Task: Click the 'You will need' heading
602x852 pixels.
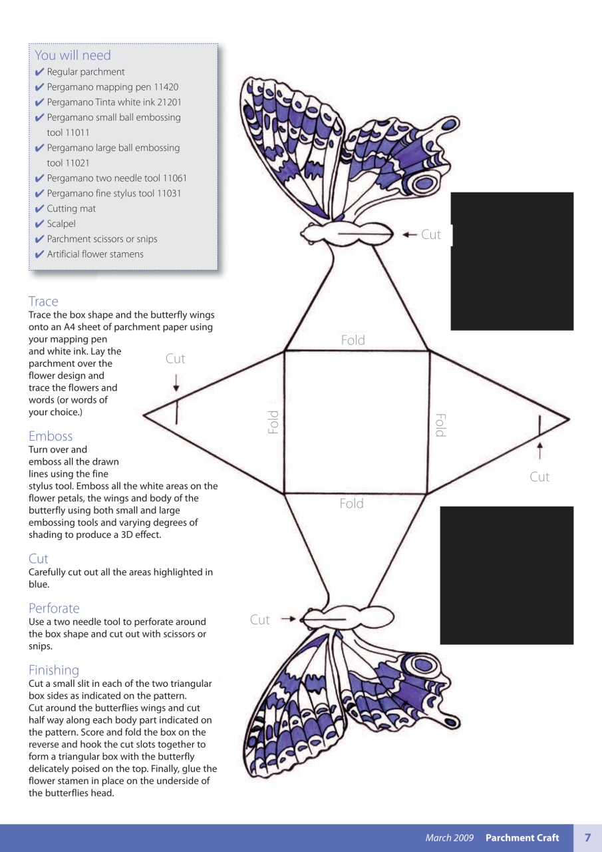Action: [73, 55]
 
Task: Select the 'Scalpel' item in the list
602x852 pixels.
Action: [61, 224]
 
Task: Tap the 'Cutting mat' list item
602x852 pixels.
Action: [71, 208]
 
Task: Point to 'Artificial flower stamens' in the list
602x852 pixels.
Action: [95, 254]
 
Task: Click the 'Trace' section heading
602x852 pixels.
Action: [43, 302]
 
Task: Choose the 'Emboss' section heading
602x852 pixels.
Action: [51, 436]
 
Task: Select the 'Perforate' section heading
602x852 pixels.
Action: [54, 608]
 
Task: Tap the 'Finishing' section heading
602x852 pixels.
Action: [53, 670]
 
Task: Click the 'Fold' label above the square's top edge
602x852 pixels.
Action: [353, 340]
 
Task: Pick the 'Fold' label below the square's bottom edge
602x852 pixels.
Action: [351, 504]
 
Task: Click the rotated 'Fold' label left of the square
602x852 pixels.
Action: [273, 423]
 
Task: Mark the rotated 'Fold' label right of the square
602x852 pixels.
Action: [439, 425]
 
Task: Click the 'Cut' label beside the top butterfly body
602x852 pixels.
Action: [431, 234]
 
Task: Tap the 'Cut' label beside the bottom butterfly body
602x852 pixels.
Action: [260, 620]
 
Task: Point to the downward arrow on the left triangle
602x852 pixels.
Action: [176, 383]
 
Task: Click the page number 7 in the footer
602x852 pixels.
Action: [587, 837]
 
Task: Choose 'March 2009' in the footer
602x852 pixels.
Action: [450, 838]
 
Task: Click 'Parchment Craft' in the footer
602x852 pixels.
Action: [522, 838]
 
